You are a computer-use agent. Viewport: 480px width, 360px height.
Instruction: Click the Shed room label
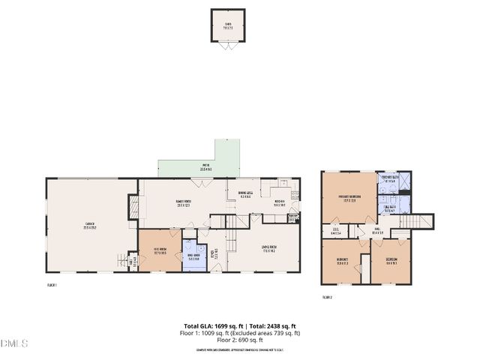228,24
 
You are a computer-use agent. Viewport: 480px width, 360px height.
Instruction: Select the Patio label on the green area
206,167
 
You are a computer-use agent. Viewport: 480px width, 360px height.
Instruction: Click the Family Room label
184,202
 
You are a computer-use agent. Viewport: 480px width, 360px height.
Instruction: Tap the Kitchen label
278,201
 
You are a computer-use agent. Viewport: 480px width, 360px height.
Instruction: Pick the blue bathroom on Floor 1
194,256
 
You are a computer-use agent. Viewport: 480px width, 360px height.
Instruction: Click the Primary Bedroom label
349,198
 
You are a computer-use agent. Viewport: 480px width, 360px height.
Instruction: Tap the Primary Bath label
390,180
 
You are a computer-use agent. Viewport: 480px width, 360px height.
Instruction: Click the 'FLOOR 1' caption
52,285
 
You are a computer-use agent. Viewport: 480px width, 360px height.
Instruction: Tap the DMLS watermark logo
13,343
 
